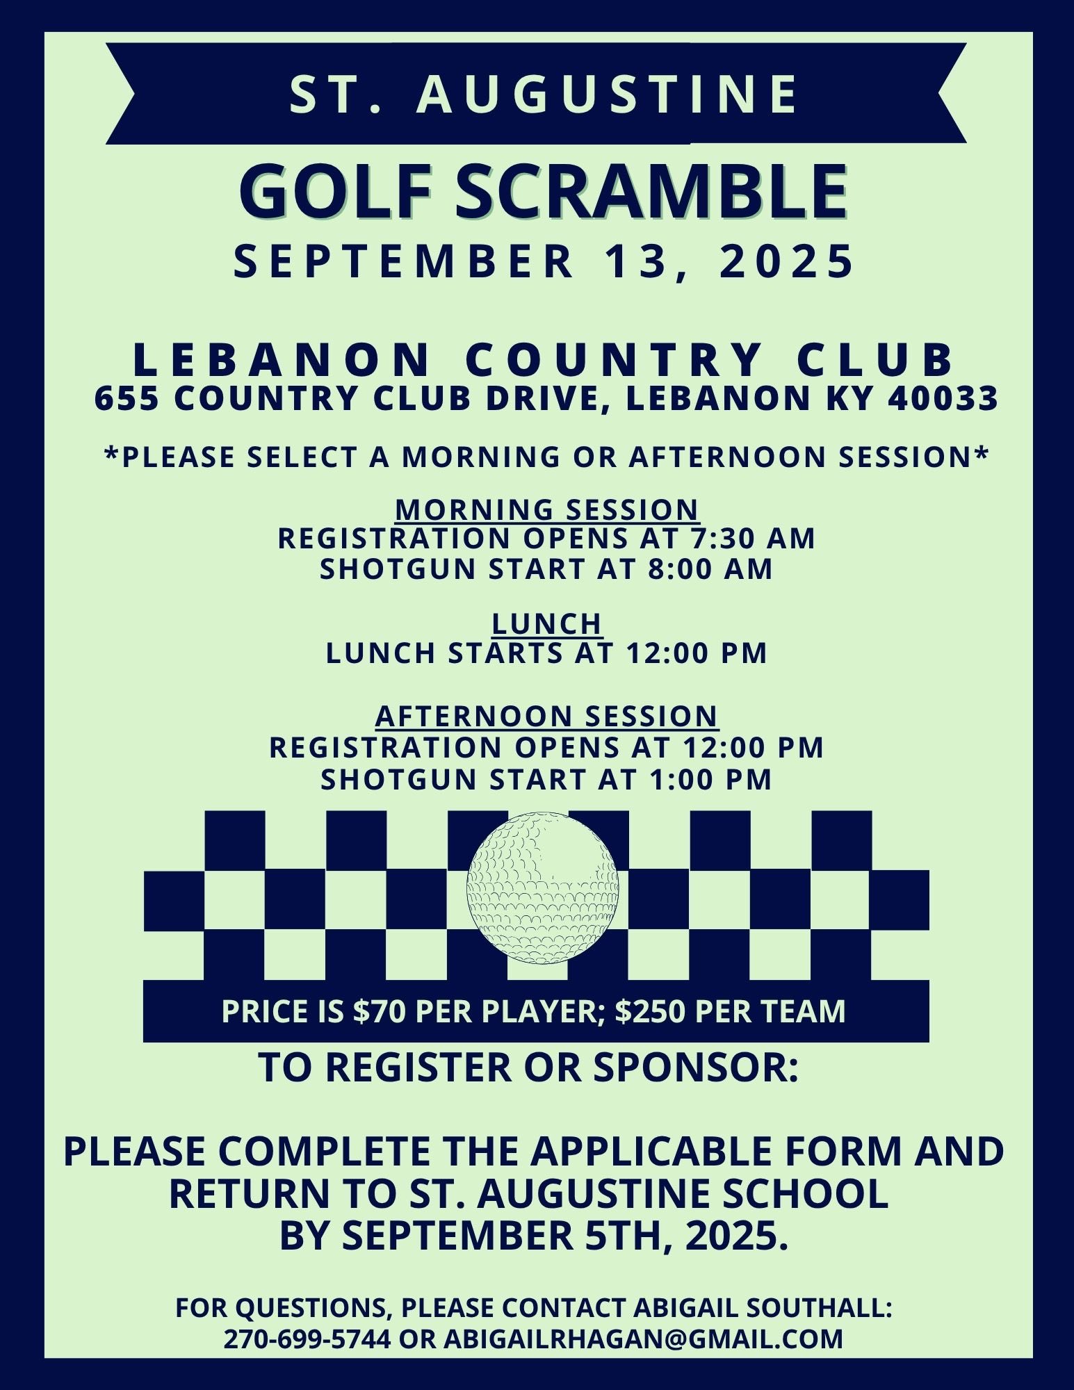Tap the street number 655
[124, 399]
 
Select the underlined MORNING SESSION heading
[547, 509]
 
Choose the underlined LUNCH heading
[547, 623]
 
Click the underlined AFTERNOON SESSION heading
[547, 715]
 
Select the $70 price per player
[378, 1011]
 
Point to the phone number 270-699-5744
[307, 1338]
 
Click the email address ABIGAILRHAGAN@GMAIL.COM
[642, 1338]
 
